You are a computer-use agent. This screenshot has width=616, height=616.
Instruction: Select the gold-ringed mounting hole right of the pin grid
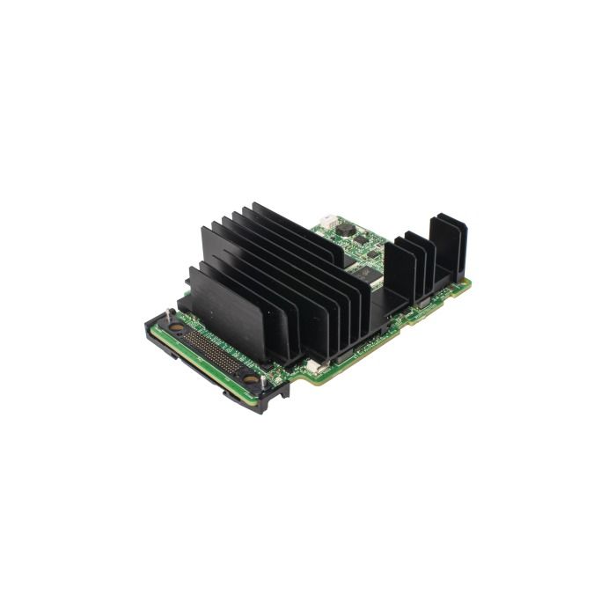click(251, 380)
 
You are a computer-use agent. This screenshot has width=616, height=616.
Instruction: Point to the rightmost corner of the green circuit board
click(471, 282)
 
